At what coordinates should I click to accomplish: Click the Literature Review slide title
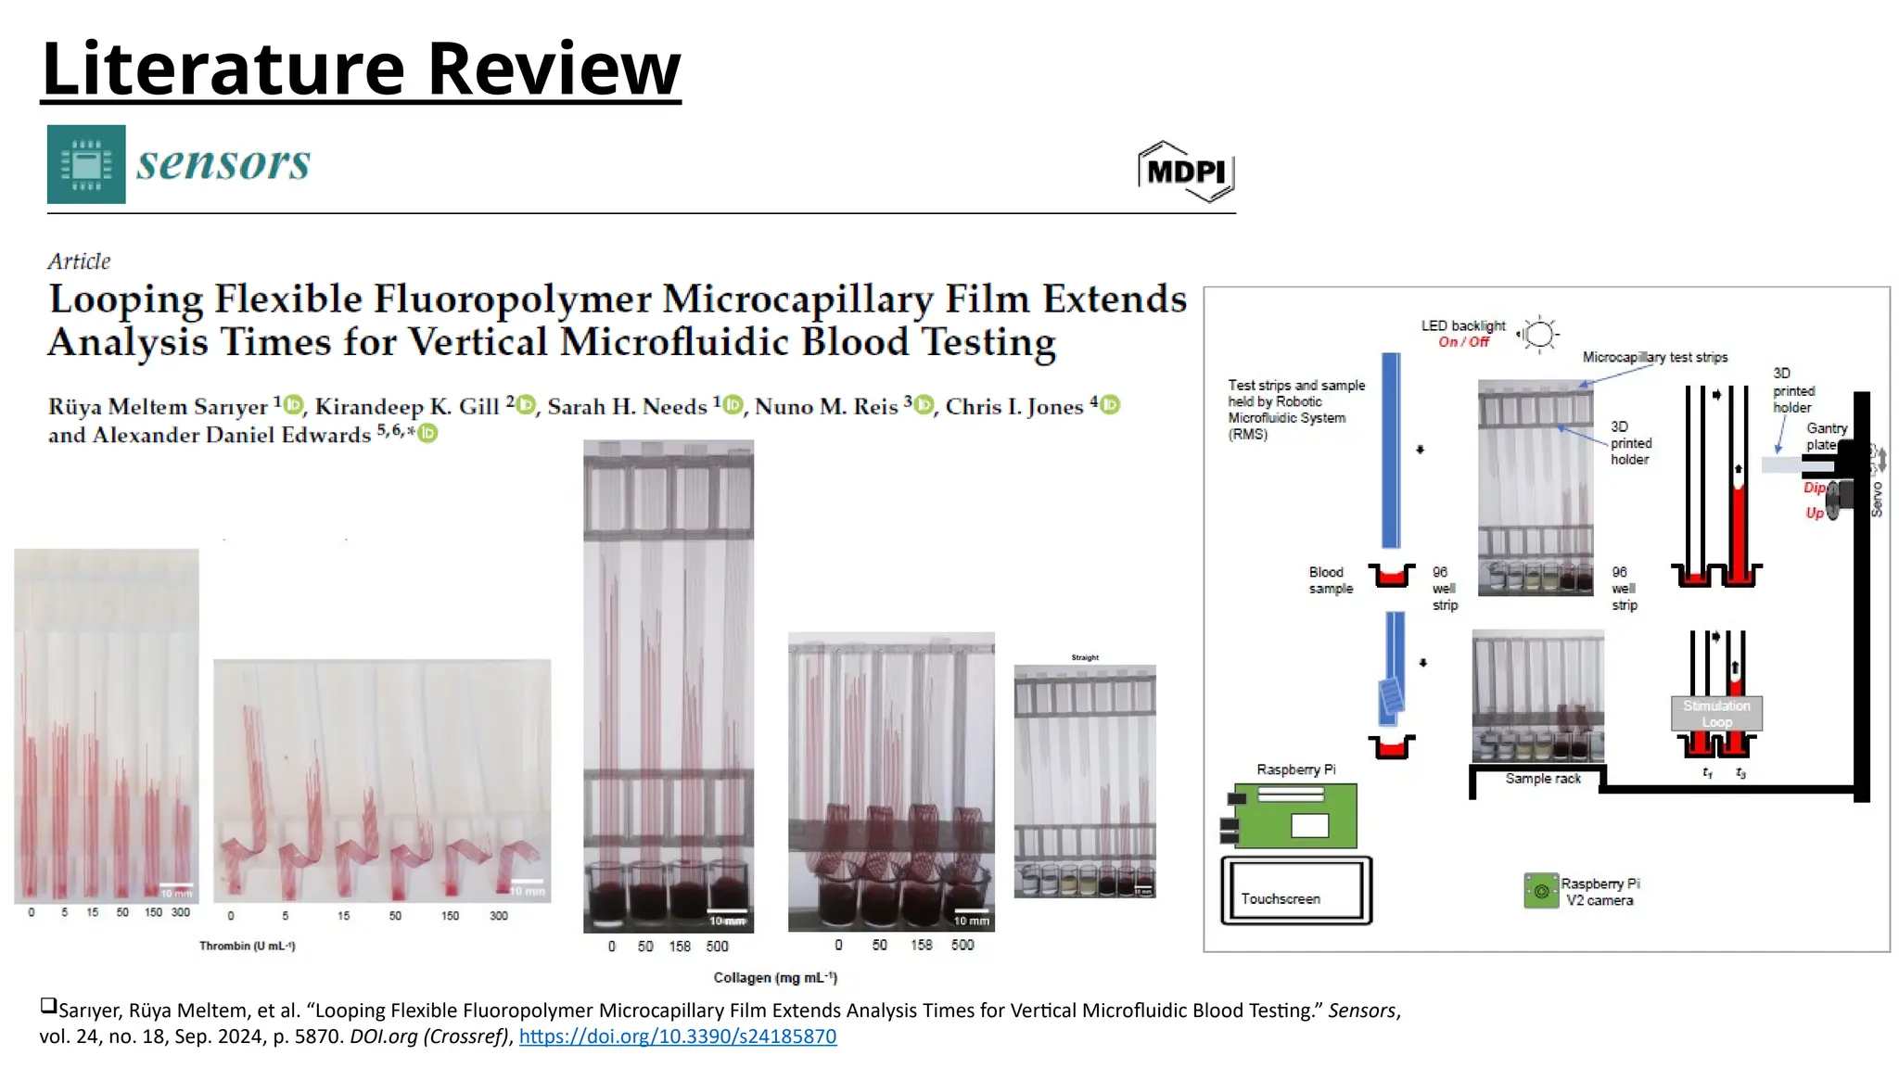click(361, 69)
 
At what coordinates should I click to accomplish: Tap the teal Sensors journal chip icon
click(86, 164)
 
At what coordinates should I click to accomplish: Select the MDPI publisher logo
click(1186, 172)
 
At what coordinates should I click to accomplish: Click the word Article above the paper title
click(79, 261)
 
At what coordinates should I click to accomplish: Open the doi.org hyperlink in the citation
click(677, 1036)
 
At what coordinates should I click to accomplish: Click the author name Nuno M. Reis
click(825, 407)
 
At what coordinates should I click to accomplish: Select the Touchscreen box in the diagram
click(1295, 892)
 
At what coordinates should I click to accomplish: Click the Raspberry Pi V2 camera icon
click(1541, 891)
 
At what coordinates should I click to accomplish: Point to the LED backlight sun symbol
click(1539, 334)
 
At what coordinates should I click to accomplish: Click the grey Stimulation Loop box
click(1716, 713)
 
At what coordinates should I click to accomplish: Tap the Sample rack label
click(1542, 779)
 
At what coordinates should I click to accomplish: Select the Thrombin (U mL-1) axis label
click(247, 946)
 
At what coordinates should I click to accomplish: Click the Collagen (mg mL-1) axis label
click(774, 977)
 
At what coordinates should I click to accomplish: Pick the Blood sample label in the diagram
click(1330, 580)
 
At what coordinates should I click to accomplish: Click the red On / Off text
click(1463, 342)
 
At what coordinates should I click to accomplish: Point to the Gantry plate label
click(1825, 436)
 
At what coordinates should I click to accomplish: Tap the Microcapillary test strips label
click(1654, 357)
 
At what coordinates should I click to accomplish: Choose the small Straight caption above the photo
click(1084, 657)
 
